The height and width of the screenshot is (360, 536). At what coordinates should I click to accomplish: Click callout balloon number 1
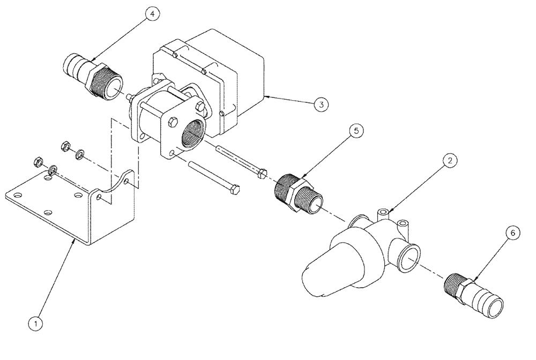click(x=36, y=323)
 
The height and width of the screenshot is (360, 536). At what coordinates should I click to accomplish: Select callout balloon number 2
click(x=450, y=160)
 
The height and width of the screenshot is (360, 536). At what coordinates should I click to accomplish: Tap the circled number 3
click(x=321, y=105)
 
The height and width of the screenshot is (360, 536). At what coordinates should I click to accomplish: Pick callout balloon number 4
click(x=152, y=14)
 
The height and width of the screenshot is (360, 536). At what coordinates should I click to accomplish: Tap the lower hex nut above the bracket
click(x=39, y=160)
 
